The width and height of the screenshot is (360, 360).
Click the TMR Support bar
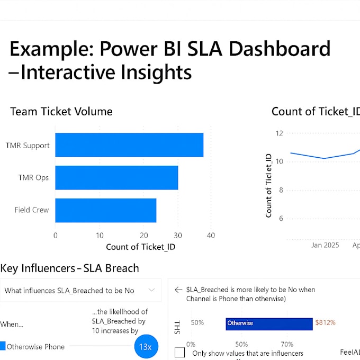(129, 145)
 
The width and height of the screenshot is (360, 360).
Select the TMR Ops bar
(116, 177)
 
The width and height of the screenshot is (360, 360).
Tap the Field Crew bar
(105, 210)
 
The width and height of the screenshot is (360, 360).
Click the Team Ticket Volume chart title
(61, 111)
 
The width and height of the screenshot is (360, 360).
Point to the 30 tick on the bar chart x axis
(178, 235)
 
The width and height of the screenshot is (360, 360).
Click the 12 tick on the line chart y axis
(280, 133)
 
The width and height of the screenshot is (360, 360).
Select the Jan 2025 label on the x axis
(325, 245)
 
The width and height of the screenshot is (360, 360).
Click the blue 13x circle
(145, 347)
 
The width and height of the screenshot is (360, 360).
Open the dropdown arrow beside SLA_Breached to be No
(151, 290)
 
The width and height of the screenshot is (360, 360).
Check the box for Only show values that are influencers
(180, 353)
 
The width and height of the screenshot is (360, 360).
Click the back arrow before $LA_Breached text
(178, 290)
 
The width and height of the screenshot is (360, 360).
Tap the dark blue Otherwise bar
(269, 323)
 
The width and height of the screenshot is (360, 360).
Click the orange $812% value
(326, 322)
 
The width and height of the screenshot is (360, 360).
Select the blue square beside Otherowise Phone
(3, 346)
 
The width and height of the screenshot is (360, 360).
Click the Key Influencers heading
(69, 268)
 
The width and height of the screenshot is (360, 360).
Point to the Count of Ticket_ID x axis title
(140, 247)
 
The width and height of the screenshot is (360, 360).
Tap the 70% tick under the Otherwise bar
(287, 344)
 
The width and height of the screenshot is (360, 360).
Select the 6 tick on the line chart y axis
(282, 218)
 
